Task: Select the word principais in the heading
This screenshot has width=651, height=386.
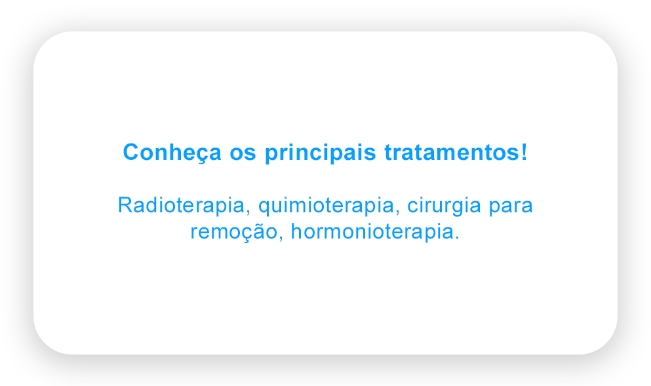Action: click(x=321, y=153)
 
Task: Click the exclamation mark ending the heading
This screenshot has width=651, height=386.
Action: click(x=524, y=151)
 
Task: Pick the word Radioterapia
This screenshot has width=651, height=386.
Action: click(x=181, y=205)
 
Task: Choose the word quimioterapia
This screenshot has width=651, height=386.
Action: click(x=326, y=206)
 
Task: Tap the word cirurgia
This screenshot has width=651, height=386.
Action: click(x=444, y=206)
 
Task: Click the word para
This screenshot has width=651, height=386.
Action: click(x=510, y=208)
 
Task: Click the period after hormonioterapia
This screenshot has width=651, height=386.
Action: click(x=457, y=239)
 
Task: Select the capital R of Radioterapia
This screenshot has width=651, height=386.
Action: click(x=125, y=205)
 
